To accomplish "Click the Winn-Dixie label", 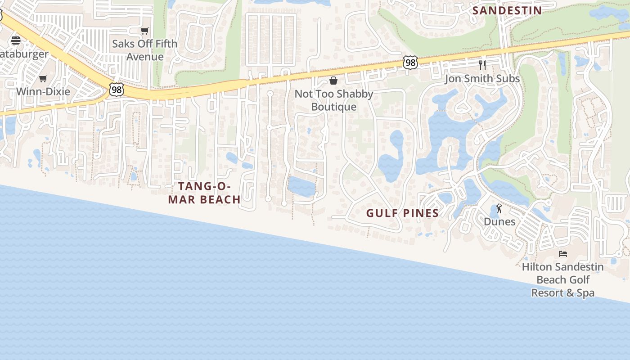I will click(x=43, y=92).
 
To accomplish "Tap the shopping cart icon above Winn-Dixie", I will click(x=43, y=79).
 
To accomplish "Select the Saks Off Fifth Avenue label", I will click(x=144, y=50).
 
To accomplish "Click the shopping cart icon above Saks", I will click(x=144, y=31).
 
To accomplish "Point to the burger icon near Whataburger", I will click(x=16, y=40).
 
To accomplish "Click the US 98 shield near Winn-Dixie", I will click(x=116, y=90).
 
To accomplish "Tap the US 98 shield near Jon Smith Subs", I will click(x=410, y=63).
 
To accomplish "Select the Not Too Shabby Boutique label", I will click(x=334, y=100).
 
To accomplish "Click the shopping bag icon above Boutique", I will click(x=333, y=81).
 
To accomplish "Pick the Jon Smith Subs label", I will click(x=482, y=79).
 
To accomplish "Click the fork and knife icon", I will click(x=482, y=65).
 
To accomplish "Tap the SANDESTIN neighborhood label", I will click(x=507, y=10).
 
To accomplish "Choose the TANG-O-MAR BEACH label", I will click(x=204, y=193).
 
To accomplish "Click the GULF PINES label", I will click(x=402, y=213).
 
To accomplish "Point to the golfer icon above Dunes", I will click(x=499, y=208).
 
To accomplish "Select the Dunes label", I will click(x=499, y=221).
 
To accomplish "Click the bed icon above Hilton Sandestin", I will click(x=563, y=254).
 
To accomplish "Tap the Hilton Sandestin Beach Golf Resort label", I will click(x=563, y=279).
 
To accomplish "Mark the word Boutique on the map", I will click(x=334, y=107).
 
